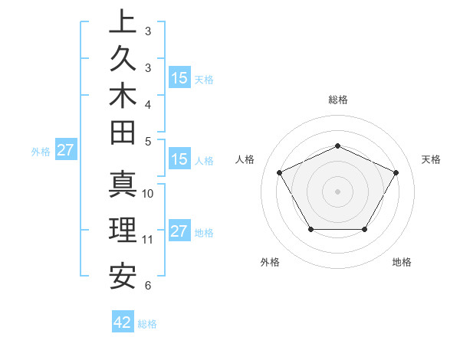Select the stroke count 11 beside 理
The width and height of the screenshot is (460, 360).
(x=148, y=240)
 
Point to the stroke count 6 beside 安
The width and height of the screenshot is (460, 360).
(x=148, y=286)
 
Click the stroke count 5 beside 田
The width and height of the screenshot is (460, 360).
(x=148, y=141)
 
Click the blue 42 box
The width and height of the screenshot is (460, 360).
(x=123, y=322)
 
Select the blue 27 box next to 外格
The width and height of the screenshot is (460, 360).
(x=65, y=151)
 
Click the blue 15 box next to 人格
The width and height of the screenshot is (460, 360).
(x=179, y=159)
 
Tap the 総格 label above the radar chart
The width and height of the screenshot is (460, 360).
(x=337, y=100)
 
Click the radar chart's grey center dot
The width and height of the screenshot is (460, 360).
(x=337, y=191)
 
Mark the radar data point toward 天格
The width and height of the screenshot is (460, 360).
(x=396, y=172)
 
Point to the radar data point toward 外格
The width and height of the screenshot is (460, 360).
(x=310, y=229)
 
